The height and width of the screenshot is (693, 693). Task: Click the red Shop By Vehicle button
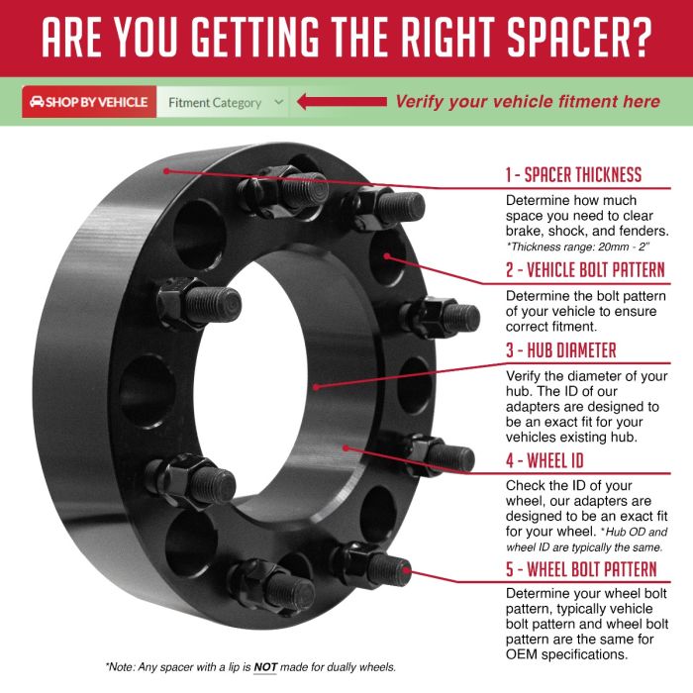[89, 102]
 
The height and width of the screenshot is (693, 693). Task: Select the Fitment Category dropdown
[223, 103]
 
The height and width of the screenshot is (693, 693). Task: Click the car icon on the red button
[37, 102]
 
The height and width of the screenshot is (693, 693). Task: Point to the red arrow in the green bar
[342, 102]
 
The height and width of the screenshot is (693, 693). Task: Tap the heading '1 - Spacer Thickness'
[573, 174]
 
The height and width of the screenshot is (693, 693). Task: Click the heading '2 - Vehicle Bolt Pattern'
[585, 269]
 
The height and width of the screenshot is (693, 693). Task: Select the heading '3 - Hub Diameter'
[561, 350]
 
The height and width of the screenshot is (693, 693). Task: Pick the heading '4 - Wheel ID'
[544, 460]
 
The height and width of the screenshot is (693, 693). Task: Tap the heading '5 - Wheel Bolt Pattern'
[581, 569]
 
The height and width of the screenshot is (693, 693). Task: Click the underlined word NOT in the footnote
[265, 667]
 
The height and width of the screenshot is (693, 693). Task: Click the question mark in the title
[639, 38]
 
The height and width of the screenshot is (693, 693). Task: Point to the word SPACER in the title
[562, 38]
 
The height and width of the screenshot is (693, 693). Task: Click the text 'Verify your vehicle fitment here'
[528, 102]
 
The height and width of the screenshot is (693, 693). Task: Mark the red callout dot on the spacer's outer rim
[166, 171]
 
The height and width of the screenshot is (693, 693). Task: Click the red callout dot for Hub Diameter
[316, 387]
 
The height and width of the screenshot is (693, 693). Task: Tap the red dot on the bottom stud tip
[406, 570]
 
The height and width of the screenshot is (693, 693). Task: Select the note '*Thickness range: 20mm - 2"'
[578, 247]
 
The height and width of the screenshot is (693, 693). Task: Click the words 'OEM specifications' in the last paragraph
[567, 654]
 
